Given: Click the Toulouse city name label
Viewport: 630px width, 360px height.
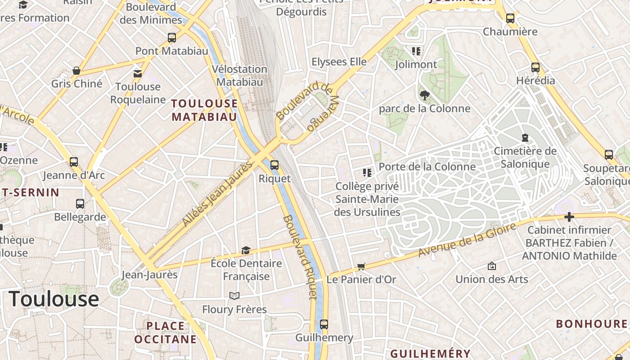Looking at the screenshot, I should coord(54,299).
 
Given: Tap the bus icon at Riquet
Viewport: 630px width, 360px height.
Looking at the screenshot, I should coord(274,165).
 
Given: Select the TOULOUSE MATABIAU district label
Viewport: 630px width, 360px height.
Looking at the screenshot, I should coord(204,110).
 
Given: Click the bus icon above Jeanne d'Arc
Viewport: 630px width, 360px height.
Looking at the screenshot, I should coord(74,162).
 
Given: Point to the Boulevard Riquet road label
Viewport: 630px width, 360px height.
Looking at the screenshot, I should coord(301,256).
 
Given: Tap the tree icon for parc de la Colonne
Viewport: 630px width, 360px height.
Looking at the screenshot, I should coord(424,95).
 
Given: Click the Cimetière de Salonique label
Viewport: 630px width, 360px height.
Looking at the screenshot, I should coord(525,157).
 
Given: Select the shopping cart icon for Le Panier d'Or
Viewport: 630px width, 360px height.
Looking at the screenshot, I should coord(361,267).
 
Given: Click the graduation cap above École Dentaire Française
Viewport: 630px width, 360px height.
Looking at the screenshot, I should coord(246,250).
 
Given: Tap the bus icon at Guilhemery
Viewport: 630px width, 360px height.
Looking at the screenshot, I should coord(324,324).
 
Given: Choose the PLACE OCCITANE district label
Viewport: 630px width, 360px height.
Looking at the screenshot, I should coord(166,333).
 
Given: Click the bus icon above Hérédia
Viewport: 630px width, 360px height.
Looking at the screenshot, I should coord(535,67).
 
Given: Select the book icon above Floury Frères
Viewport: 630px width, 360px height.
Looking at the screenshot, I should coord(234,296).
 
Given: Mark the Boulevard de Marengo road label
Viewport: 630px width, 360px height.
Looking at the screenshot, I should coord(310,107).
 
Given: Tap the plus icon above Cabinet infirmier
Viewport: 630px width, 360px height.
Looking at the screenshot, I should coord(569,217).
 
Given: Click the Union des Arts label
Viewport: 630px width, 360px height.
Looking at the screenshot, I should coord(492,279).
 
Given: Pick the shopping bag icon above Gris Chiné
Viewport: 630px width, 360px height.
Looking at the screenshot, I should coord(76,71).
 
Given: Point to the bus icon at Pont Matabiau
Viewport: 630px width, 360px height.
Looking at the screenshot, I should coord(172,38).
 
